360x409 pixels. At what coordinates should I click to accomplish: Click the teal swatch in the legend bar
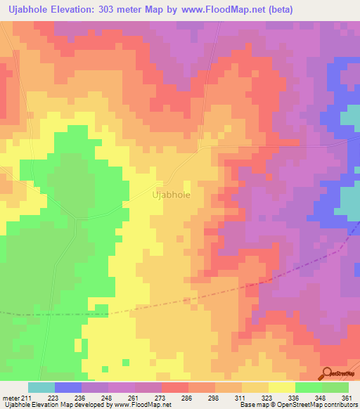pos(41,387)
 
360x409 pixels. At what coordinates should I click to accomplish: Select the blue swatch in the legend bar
pos(68,387)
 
